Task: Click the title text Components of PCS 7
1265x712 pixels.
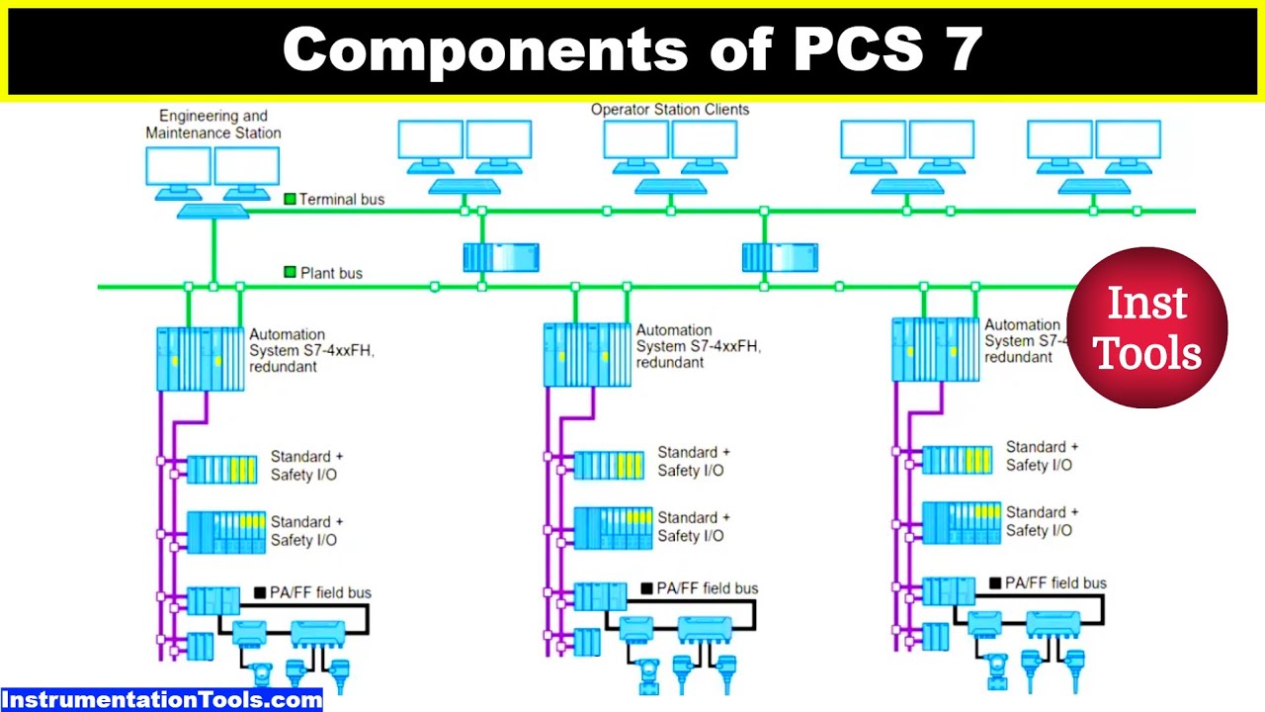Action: click(632, 49)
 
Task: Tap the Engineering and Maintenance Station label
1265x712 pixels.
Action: click(213, 125)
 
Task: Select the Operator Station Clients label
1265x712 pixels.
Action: click(669, 110)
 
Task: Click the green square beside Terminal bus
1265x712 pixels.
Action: click(290, 199)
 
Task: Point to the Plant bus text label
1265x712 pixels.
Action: click(331, 273)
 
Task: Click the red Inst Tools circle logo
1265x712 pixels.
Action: click(1146, 327)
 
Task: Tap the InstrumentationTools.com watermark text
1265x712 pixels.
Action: click(161, 700)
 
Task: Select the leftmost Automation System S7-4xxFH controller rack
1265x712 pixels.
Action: click(200, 359)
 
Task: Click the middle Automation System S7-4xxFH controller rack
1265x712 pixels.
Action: click(587, 354)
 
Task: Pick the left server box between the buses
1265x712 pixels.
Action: click(501, 258)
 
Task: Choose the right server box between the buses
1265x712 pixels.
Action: click(780, 258)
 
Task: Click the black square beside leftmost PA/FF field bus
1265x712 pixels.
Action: click(260, 593)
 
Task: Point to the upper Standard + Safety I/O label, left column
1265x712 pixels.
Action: click(306, 466)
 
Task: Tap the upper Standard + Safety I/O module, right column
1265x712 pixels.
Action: click(957, 460)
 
